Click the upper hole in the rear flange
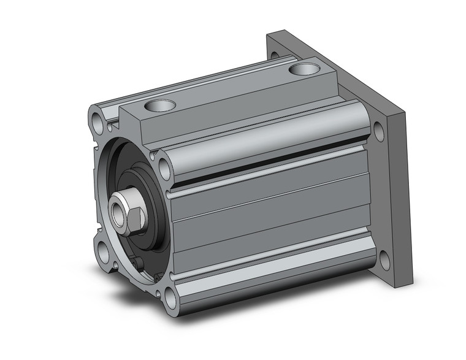(x=378, y=131)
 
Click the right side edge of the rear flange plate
(x=407, y=202)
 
